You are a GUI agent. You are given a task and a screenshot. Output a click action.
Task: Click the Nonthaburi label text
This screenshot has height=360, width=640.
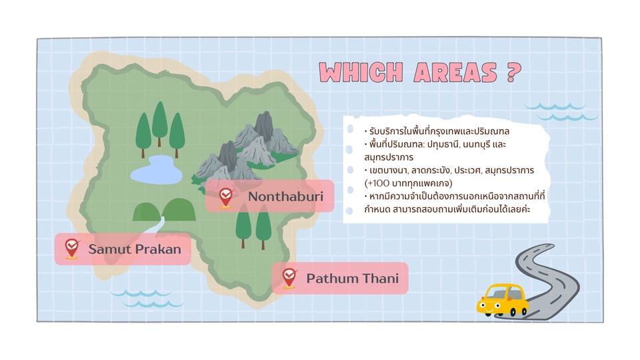coord(285,197)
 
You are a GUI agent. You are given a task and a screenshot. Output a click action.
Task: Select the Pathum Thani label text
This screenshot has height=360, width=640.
coord(352,278)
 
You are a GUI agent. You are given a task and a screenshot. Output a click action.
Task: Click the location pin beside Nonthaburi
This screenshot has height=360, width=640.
coord(226,197)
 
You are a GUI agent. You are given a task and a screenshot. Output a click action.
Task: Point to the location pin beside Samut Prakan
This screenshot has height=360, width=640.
coord(71,249)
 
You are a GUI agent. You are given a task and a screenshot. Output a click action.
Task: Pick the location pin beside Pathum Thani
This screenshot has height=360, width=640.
coord(289,277)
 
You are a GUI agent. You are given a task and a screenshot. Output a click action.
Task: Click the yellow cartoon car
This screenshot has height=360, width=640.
coord(501,299)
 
